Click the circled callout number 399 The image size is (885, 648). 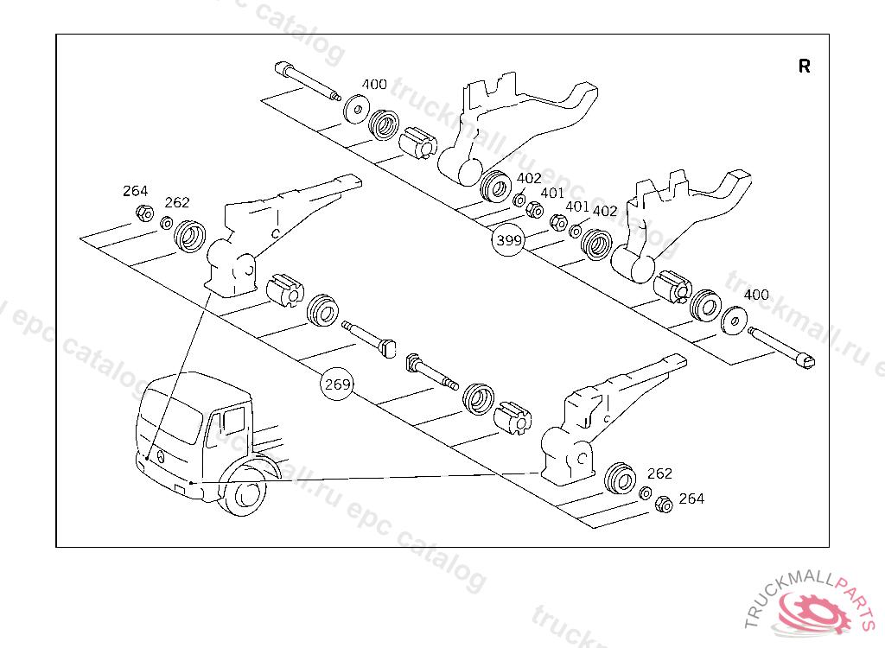(508, 241)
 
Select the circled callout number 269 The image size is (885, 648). (337, 384)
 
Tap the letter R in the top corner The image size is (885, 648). (805, 67)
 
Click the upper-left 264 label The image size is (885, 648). (135, 191)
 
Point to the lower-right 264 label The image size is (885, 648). (691, 499)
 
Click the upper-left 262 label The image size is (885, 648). (176, 202)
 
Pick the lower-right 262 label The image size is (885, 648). (659, 473)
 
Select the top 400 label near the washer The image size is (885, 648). (374, 84)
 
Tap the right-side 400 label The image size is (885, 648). (755, 295)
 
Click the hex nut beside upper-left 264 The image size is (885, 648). (144, 213)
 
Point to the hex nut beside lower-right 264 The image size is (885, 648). (664, 504)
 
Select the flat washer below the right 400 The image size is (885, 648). (734, 321)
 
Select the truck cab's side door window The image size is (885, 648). (233, 423)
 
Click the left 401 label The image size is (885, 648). (552, 194)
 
